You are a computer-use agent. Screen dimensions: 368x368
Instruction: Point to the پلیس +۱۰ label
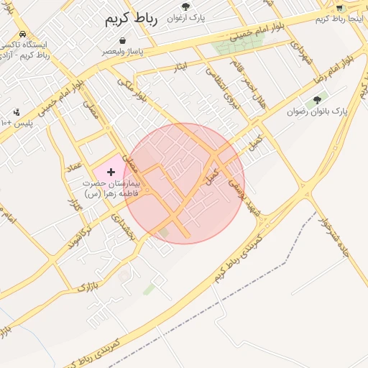coord(17,123)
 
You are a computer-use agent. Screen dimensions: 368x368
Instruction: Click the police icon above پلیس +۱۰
coord(17,112)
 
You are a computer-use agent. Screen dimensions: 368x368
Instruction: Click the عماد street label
coord(73,166)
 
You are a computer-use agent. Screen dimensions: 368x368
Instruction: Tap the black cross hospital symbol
coord(111,172)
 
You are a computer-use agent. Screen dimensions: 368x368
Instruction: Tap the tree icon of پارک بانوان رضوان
coord(317,100)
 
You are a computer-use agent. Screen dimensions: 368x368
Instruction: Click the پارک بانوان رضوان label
coord(317,111)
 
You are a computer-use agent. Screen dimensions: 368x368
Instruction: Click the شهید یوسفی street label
coord(243,194)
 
